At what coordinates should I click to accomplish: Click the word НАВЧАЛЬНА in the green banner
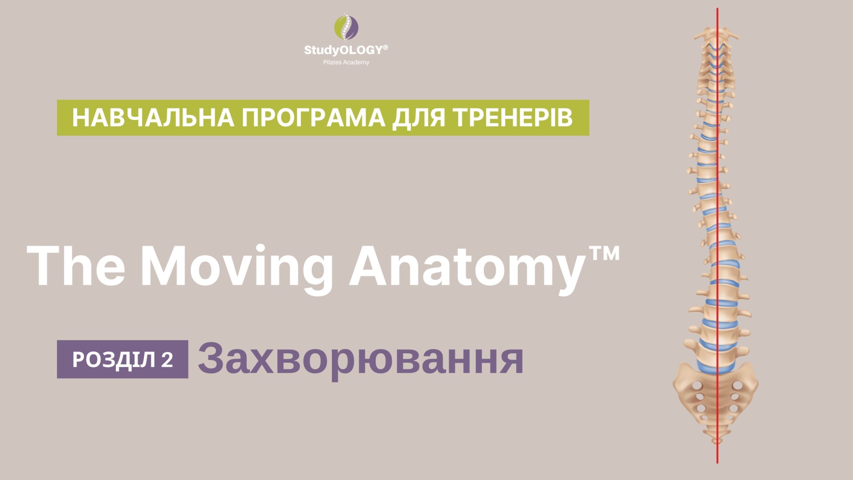tap(153, 118)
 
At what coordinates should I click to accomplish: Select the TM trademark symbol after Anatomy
tap(602, 253)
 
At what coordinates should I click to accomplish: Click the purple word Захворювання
tap(361, 359)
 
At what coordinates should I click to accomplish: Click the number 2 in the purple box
tap(167, 360)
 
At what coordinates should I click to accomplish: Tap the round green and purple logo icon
tap(347, 27)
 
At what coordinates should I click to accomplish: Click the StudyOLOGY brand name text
tap(343, 50)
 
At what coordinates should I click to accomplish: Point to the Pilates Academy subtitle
tap(346, 62)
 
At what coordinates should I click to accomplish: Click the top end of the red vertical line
tap(717, 8)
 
